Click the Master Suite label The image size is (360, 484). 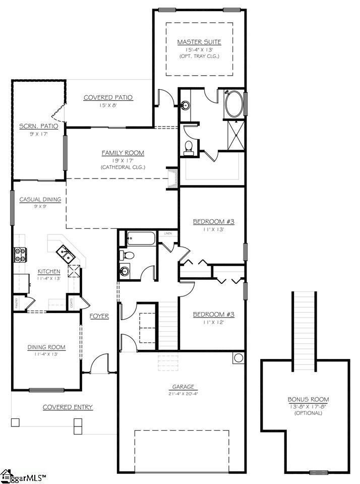point(199,41)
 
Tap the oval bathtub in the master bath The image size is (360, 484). point(233,104)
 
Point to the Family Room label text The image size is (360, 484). point(123,153)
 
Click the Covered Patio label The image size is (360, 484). point(108,97)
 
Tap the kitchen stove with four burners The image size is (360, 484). point(20,256)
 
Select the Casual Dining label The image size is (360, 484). point(40,199)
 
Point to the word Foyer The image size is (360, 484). point(99,316)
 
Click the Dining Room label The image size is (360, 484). point(46,347)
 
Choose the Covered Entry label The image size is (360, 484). point(68,407)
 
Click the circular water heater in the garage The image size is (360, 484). point(238,358)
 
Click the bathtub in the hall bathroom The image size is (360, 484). point(142,237)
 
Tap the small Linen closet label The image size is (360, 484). point(168,233)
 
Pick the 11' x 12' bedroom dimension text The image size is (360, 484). point(213,322)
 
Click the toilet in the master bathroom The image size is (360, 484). point(189,146)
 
